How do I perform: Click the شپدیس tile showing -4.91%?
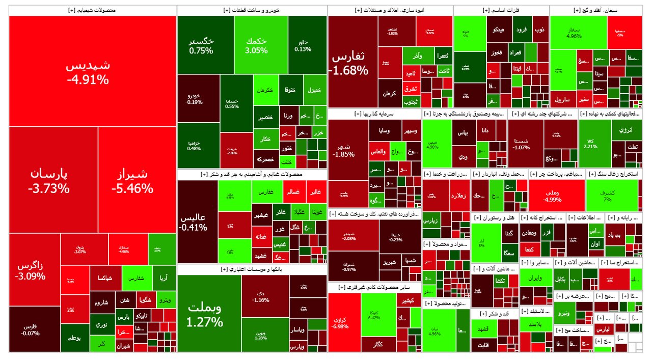88,71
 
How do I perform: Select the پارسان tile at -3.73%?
49,181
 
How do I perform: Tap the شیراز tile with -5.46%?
132,181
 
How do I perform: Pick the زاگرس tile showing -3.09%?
31,271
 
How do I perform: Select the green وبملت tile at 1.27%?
205,314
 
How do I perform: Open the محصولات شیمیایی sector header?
92,10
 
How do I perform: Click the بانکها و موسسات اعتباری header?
252,268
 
